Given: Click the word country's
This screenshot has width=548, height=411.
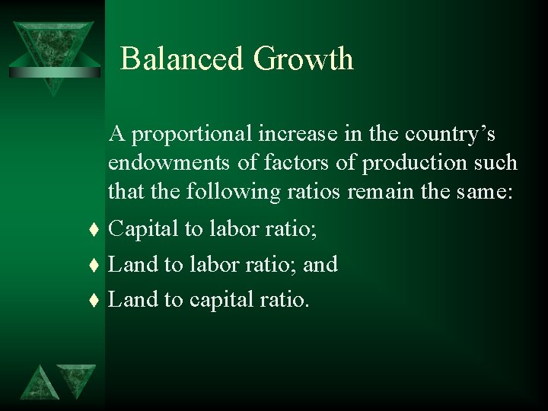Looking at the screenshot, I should coord(452,134).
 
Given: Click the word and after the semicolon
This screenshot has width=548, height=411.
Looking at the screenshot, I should coord(320,264).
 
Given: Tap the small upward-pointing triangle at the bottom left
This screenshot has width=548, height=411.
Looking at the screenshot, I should coord(39,383).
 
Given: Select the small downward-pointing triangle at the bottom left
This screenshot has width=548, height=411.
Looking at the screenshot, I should coord(78,379).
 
